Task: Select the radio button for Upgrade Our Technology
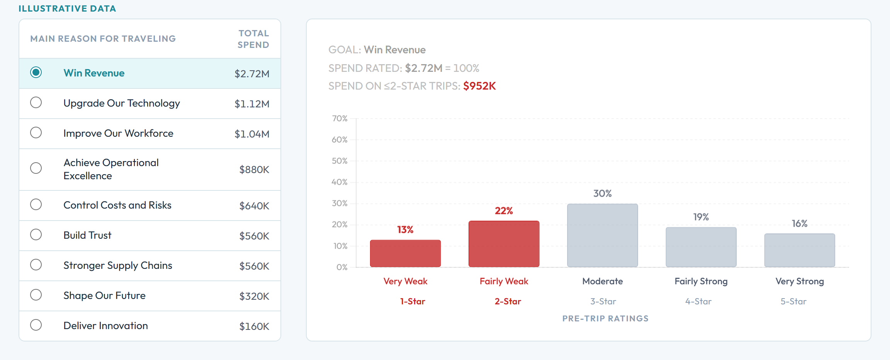36,102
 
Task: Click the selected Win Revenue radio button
36,72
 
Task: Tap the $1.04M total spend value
252,134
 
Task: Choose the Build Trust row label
87,235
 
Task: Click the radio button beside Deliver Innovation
36,325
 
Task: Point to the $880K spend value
254,170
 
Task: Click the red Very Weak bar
405,253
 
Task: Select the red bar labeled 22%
504,244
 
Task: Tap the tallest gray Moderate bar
602,235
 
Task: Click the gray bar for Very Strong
800,250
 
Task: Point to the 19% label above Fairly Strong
701,217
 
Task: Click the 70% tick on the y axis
340,119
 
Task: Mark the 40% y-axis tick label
340,182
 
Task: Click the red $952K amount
479,86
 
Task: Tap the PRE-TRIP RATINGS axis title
605,319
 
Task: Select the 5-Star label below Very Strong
793,301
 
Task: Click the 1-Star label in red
413,301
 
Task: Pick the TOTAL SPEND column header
253,39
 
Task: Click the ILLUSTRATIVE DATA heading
67,8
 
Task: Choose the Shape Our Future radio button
36,295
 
